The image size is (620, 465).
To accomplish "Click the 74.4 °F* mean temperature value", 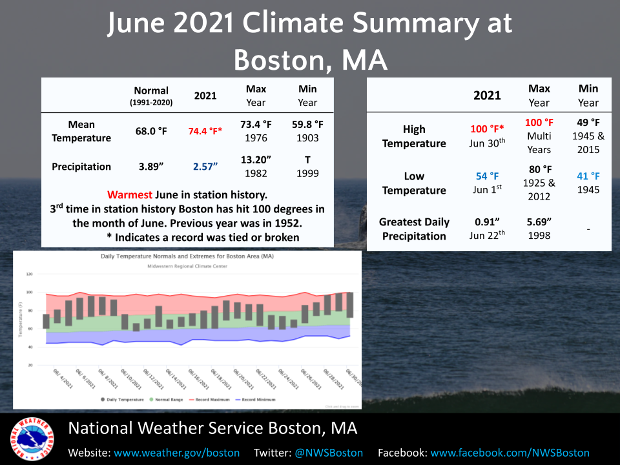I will coord(205,131).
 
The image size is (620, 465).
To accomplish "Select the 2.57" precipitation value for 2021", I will coord(205,167).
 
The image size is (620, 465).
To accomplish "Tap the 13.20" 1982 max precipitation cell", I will coord(256,167).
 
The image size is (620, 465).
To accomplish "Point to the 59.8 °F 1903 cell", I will coord(307,131).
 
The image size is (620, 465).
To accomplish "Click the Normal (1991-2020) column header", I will coord(151,96).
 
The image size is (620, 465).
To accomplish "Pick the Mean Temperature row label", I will coord(81,131).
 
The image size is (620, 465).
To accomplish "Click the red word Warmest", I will coord(130,194).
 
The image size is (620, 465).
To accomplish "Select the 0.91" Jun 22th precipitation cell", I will coord(487,229).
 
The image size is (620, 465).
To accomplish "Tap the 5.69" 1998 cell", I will coord(539,229).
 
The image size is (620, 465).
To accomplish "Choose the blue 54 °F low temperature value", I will coord(487,176).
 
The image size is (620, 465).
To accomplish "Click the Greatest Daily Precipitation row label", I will coord(414,229).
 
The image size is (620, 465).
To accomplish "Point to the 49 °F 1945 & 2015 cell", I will coord(588,136).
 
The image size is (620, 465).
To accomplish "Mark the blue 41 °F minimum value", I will coord(588,176).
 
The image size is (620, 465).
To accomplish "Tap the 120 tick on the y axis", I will coord(29,274).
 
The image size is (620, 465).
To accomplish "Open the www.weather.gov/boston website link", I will coord(177,453).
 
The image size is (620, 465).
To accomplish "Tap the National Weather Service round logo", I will coord(31,439).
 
